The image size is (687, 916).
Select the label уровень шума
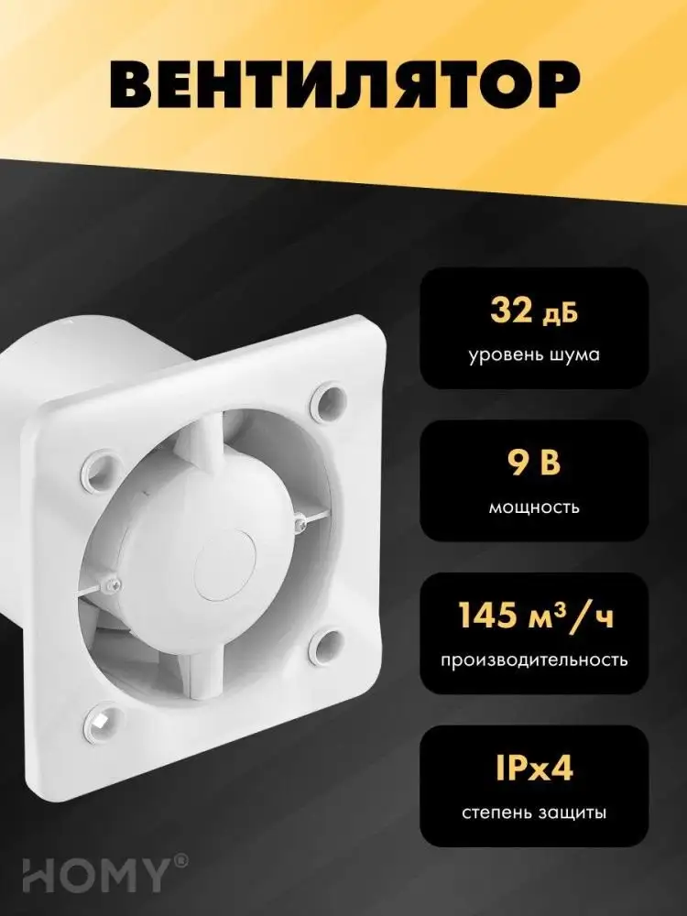pyautogui.click(x=535, y=354)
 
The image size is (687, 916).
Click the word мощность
pyautogui.click(x=535, y=507)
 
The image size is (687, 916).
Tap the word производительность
pyautogui.click(x=535, y=660)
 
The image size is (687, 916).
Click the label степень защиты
pyautogui.click(x=535, y=812)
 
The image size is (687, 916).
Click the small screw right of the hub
pyautogui.click(x=302, y=524)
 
